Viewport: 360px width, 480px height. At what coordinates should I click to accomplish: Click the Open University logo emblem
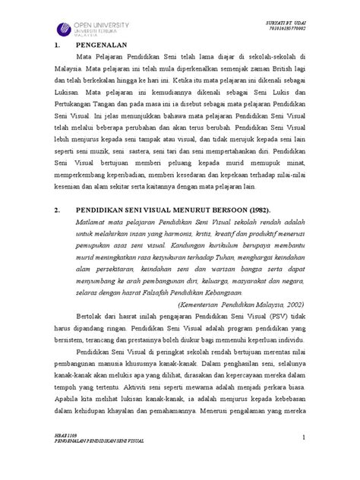[x=65, y=30]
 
